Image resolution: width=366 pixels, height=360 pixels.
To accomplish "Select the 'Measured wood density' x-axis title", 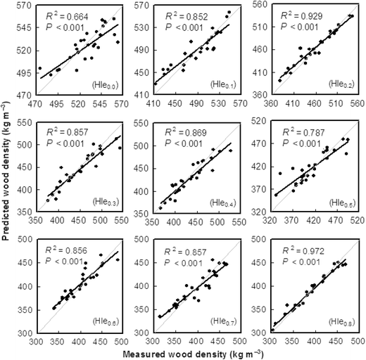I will click(198, 353).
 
